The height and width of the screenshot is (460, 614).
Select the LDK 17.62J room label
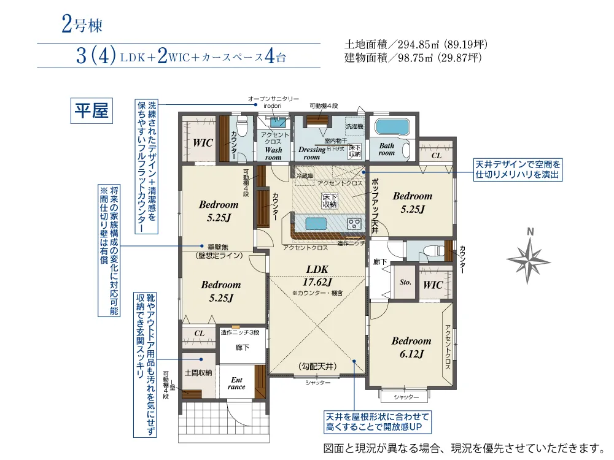tap(318, 275)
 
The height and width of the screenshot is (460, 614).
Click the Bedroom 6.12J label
tap(411, 347)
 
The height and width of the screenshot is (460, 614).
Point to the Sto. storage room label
tap(405, 283)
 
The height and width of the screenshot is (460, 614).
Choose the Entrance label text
tap(236, 383)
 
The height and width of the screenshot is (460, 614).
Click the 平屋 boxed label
tap(91, 111)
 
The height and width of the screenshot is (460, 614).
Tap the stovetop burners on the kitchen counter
tap(355, 223)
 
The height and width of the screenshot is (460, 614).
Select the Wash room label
tap(273, 153)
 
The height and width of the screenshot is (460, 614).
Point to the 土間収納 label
tap(198, 372)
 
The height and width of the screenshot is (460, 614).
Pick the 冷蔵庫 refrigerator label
tap(305, 175)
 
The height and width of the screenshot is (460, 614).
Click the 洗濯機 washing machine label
tap(354, 126)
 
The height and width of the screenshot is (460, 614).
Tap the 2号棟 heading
tap(81, 25)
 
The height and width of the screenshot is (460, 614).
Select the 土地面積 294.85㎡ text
tap(416, 45)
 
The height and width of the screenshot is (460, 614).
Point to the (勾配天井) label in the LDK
tap(317, 366)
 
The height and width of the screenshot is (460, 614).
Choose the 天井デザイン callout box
tap(518, 170)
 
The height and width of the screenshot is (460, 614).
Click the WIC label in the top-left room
tap(203, 143)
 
